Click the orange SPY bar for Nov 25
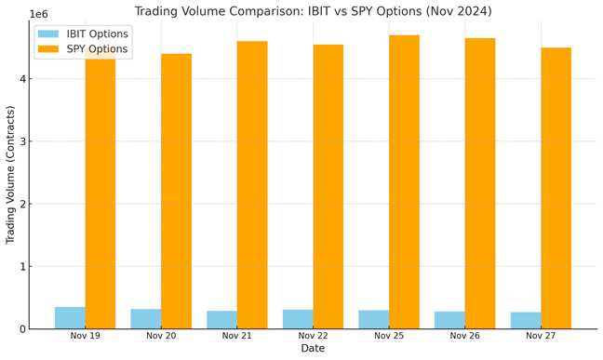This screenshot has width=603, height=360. point(404,182)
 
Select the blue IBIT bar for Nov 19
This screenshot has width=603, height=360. point(70,318)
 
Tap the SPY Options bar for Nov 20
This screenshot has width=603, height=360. point(176,191)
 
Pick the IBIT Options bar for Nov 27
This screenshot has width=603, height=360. point(526,320)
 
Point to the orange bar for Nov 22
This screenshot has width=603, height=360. point(328,187)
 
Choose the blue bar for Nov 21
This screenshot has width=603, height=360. point(221,320)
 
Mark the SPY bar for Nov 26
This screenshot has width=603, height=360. point(480,183)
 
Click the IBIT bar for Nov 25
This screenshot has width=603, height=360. point(374,320)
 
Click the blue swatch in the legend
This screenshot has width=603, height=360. point(48,33)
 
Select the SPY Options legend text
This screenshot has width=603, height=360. point(97,49)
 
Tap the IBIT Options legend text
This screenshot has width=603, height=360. point(98,33)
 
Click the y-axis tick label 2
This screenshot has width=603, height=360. point(23,204)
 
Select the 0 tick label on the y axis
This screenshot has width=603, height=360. point(23,329)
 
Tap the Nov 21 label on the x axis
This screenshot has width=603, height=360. point(237,336)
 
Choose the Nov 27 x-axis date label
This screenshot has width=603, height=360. point(541,336)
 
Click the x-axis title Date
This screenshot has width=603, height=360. point(313,348)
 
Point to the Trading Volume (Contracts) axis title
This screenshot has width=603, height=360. point(10,175)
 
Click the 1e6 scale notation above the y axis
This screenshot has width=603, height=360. point(39,14)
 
